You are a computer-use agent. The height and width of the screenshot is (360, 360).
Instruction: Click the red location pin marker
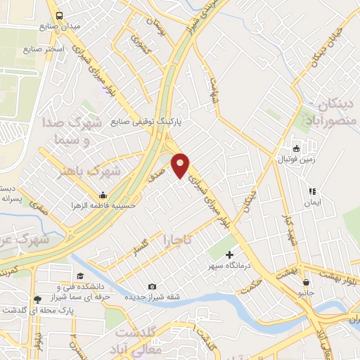click(x=181, y=165)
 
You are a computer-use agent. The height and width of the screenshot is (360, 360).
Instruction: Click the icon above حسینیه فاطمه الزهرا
click(x=103, y=195)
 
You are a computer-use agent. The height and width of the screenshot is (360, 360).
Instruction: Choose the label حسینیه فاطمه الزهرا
click(x=101, y=205)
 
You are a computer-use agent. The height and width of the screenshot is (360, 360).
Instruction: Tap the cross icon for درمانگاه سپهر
click(x=229, y=255)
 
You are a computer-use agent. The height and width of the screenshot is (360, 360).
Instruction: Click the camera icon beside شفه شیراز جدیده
click(x=153, y=286)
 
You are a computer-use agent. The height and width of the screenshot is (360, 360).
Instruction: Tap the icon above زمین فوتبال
click(x=297, y=148)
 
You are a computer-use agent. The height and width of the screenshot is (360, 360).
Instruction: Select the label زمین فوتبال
click(x=297, y=160)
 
